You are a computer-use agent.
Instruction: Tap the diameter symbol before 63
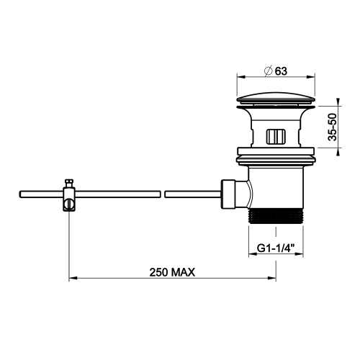point(268,70)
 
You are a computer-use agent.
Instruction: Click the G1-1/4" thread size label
point(276,250)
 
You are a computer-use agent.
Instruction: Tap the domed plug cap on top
point(276,98)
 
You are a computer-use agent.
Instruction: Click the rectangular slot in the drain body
point(276,136)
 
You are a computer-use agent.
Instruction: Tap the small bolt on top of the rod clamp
point(69,183)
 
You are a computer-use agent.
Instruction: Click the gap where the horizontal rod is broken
point(161,193)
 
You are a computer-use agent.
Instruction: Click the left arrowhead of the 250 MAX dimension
point(72,279)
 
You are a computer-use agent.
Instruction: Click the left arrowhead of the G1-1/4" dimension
point(251,257)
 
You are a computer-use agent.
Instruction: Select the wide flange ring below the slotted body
point(276,153)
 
